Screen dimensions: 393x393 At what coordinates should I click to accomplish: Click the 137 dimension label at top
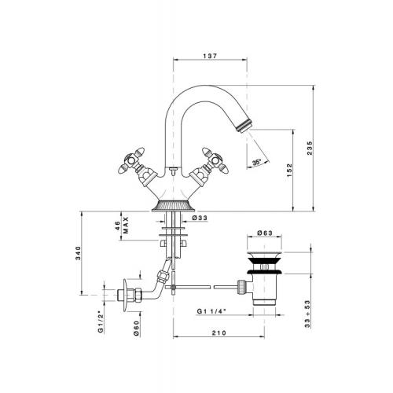210,56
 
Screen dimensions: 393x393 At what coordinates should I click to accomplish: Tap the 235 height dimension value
310,148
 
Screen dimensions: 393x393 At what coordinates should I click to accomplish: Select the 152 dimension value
289,171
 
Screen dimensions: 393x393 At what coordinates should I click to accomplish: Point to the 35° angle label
257,162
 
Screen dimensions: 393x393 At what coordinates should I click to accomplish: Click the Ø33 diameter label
200,218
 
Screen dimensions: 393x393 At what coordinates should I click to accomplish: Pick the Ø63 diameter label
265,233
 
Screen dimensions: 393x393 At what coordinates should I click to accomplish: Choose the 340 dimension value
78,253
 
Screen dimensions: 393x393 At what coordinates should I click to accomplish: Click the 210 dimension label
219,332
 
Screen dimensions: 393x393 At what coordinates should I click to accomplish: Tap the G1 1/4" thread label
211,311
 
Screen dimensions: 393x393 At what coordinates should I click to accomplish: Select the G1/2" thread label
101,321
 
